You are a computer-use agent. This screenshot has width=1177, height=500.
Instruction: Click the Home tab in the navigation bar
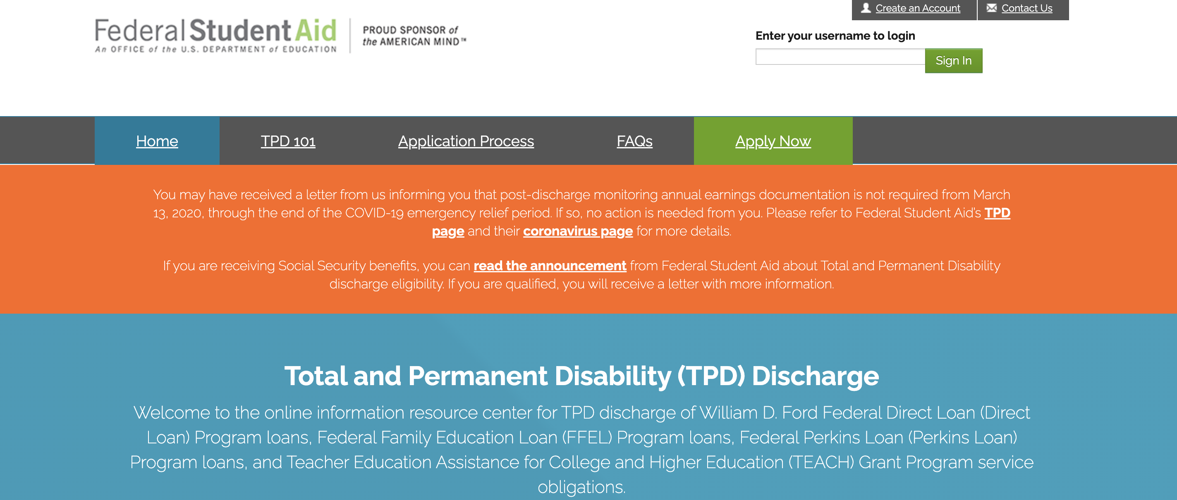(x=157, y=141)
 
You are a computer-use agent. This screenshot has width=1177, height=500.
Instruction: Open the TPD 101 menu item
(x=288, y=141)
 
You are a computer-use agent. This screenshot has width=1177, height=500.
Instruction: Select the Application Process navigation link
(x=466, y=141)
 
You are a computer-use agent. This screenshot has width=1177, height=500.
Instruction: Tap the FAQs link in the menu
(x=634, y=141)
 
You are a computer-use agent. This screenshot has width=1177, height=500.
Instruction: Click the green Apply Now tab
(x=773, y=141)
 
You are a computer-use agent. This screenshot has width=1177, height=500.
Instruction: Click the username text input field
(x=840, y=57)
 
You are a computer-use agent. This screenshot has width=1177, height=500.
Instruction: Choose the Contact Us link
(x=1027, y=8)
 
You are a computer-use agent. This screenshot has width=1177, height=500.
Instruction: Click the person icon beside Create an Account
(x=866, y=8)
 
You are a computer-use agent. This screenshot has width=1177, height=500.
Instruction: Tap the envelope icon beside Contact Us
(x=991, y=8)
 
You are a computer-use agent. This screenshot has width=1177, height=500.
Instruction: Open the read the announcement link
(x=550, y=266)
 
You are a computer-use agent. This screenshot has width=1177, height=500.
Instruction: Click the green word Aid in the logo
(x=315, y=31)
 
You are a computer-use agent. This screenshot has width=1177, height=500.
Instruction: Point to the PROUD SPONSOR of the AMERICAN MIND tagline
(x=414, y=36)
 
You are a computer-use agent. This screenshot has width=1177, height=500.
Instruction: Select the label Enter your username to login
(x=835, y=36)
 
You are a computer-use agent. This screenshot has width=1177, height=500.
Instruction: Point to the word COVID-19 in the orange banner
(x=374, y=213)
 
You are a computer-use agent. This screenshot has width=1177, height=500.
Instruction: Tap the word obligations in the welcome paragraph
(x=581, y=487)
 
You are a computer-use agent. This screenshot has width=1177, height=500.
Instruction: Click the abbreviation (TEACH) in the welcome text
(x=821, y=462)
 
